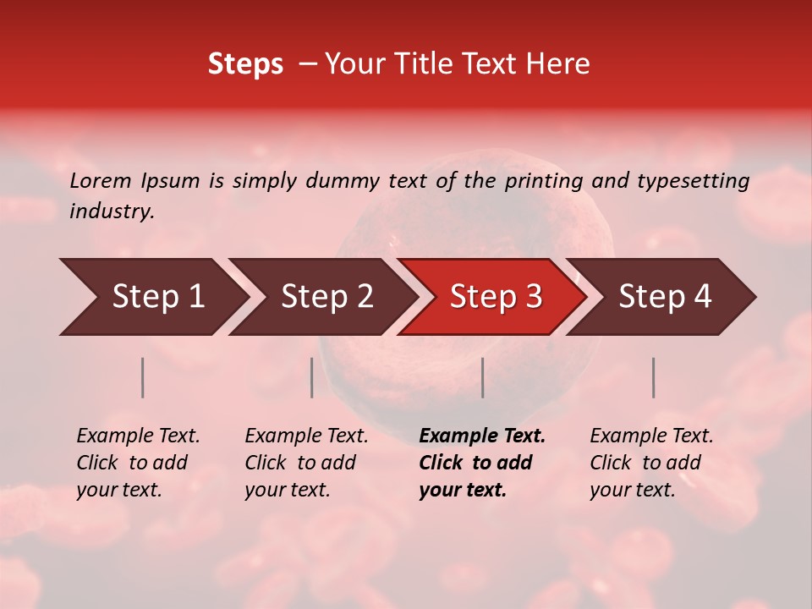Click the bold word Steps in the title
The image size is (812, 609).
245,63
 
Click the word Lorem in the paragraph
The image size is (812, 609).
101,180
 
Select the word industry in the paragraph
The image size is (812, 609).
112,211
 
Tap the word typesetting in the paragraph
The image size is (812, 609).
691,180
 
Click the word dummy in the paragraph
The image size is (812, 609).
342,180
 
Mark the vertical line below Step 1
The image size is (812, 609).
143,377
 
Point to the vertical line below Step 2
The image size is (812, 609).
312,377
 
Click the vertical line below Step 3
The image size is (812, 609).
483,377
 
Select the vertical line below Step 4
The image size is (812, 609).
654,377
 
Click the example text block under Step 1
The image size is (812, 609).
138,463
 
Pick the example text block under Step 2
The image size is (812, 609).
306,463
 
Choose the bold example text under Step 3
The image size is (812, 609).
482,463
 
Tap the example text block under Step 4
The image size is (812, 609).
651,463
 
